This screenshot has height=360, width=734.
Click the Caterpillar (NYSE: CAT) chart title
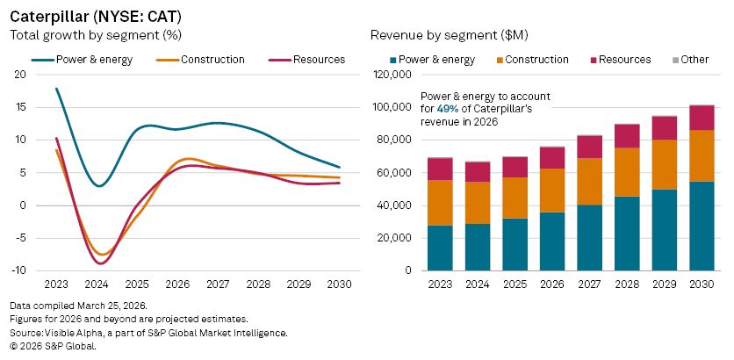(x=96, y=16)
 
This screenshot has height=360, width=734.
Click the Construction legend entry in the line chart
(x=212, y=60)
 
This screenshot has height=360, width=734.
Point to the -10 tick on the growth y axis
(x=19, y=270)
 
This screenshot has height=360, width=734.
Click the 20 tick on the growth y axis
(x=20, y=75)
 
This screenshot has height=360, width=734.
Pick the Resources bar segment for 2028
(x=627, y=136)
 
